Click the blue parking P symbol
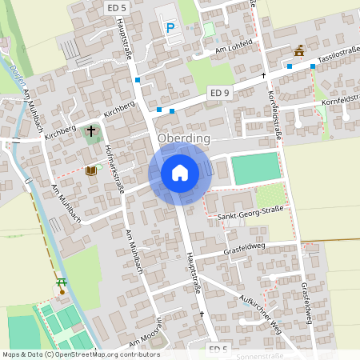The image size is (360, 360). tap(170, 28)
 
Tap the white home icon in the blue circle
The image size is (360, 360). tap(180, 172)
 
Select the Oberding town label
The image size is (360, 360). tap(184, 138)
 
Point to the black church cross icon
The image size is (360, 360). tap(90, 130)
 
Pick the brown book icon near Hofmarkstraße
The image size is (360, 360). tap(90, 170)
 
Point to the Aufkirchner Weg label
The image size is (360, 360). tap(261, 308)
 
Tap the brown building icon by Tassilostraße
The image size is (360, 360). tap(299, 50)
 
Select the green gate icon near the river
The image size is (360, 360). tap(61, 282)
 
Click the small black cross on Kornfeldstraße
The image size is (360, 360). tap(264, 75)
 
